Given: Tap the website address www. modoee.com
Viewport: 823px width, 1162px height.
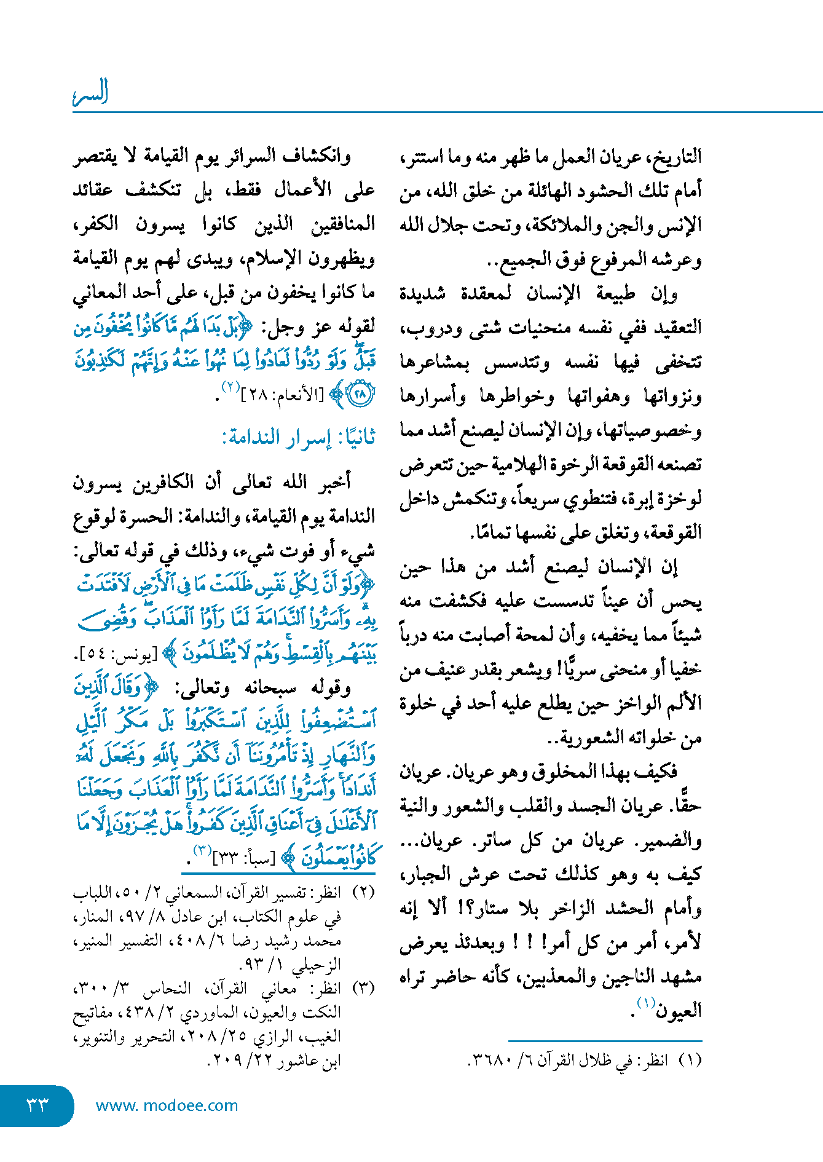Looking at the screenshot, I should click(x=167, y=1105).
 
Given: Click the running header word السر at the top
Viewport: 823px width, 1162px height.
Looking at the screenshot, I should click(x=90, y=93).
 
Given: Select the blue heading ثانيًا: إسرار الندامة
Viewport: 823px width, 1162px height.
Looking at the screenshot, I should click(x=299, y=438).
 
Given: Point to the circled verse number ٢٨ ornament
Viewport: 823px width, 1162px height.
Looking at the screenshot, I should click(x=360, y=394).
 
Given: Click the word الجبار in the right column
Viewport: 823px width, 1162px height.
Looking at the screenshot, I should click(x=428, y=874).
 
